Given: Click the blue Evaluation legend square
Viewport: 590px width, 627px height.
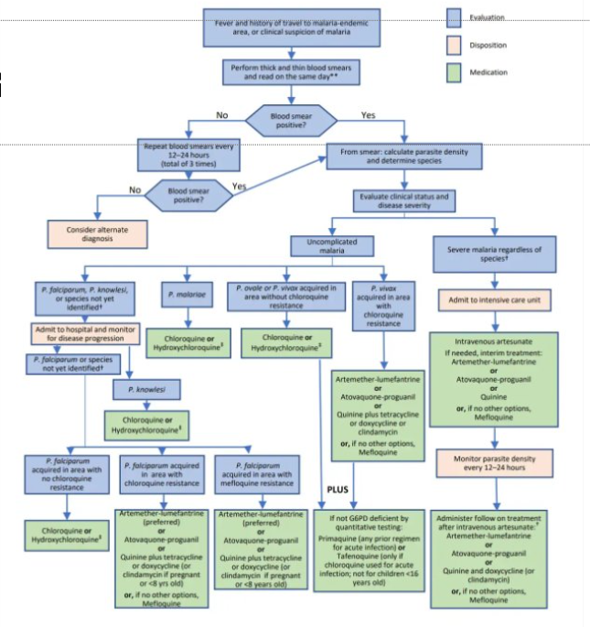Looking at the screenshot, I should pyautogui.click(x=457, y=16).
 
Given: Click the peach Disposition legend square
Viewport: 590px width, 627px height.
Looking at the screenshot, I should pyautogui.click(x=457, y=44).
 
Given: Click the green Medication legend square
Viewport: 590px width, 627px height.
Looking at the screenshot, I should pyautogui.click(x=457, y=71).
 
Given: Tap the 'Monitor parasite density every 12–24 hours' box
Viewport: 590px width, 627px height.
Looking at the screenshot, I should pyautogui.click(x=494, y=462).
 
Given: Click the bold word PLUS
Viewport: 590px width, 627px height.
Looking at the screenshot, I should pyautogui.click(x=339, y=489).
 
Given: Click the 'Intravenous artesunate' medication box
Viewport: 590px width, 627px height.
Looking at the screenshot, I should pyautogui.click(x=494, y=381).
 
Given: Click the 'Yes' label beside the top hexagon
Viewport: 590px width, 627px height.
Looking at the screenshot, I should pyautogui.click(x=368, y=115).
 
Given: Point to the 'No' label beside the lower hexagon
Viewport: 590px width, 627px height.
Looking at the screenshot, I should pyautogui.click(x=135, y=190).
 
